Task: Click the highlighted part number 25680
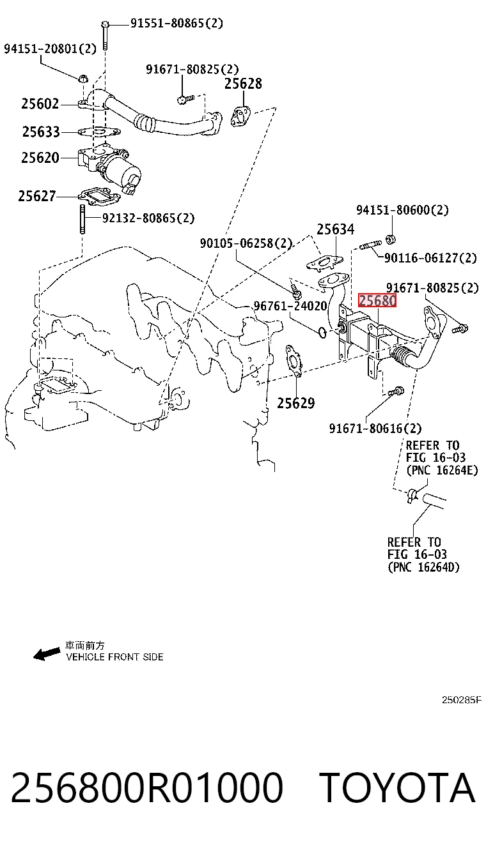(377, 300)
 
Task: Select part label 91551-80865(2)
(176, 23)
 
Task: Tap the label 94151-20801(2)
(51, 49)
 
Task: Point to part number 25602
(40, 103)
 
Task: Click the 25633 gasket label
(41, 132)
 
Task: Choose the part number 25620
(40, 158)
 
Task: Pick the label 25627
(37, 196)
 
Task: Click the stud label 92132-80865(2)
(148, 218)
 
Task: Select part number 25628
(243, 84)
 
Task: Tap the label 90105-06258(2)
(246, 243)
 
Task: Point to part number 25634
(336, 229)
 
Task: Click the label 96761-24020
(290, 306)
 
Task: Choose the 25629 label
(296, 403)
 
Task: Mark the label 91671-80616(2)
(375, 429)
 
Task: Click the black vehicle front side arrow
(47, 654)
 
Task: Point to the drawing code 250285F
(462, 700)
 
